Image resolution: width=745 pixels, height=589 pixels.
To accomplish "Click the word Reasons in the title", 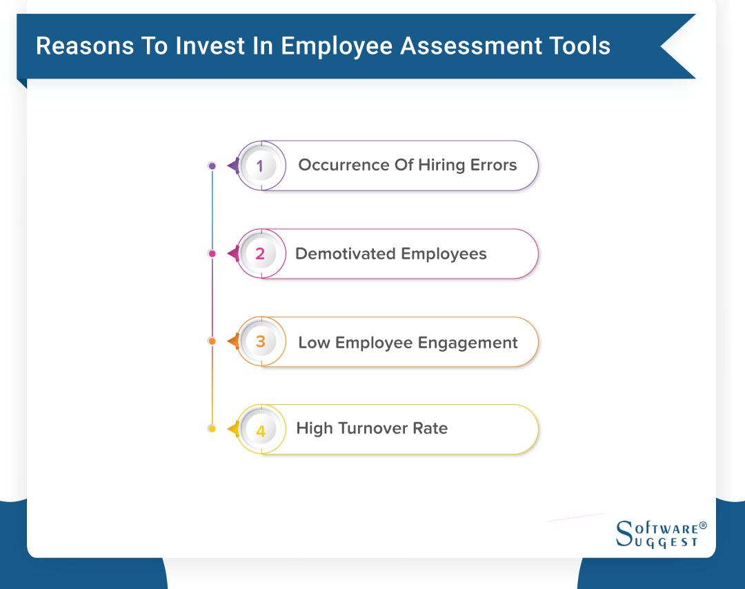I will (76, 46).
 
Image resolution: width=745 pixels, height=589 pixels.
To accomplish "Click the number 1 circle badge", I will (260, 166).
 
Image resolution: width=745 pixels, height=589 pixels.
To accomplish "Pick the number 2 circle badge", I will (260, 254).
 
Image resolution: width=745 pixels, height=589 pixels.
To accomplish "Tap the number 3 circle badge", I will (260, 342).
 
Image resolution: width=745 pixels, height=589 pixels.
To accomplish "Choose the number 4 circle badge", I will (260, 430).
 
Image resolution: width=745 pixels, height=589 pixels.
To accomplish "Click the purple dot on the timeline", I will (212, 166).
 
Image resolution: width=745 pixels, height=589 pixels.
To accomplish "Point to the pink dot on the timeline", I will (212, 254).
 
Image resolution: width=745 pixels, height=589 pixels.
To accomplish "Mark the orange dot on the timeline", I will (212, 341).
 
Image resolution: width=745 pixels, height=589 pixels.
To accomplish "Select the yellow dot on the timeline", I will (212, 429).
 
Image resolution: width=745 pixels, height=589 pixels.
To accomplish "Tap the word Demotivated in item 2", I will (346, 254).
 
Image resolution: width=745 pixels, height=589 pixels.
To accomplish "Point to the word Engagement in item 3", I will (472, 343).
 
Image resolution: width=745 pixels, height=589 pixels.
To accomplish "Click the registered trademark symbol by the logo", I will (703, 526).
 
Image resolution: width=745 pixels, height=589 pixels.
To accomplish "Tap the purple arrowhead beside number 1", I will (233, 166).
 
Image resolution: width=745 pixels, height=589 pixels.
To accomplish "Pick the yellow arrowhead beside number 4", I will (233, 430).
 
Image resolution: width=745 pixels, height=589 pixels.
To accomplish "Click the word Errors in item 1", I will (494, 166).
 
